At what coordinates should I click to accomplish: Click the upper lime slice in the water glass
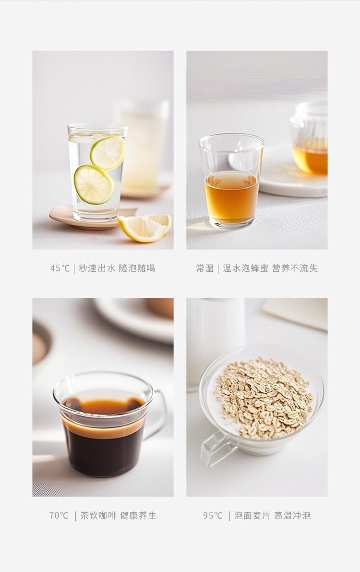(108, 153)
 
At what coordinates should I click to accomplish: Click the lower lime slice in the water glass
(94, 184)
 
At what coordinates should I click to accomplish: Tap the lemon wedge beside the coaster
(145, 228)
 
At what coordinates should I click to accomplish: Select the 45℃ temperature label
(60, 268)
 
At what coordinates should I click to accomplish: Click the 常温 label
(204, 268)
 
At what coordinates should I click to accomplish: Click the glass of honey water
(231, 181)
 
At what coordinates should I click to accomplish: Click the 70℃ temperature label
(59, 515)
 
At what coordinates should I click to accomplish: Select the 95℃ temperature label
(213, 515)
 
